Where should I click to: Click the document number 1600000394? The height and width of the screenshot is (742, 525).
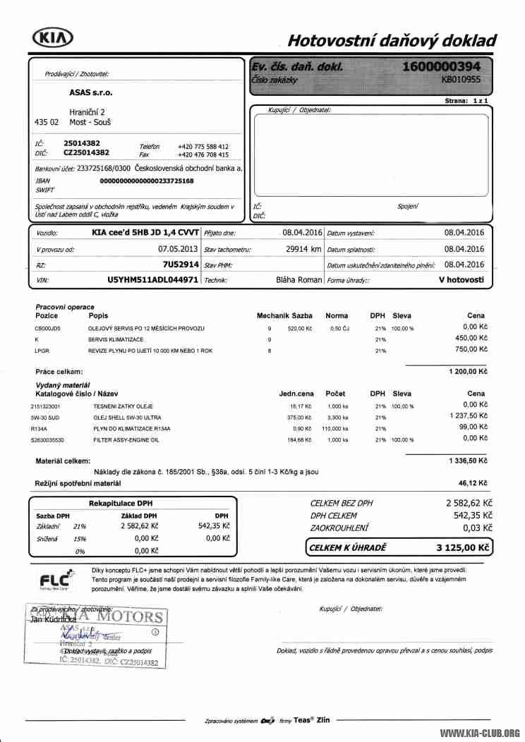tap(446, 66)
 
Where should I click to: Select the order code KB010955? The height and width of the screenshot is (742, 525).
tap(461, 80)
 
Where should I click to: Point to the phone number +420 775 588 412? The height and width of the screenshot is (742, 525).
tap(203, 146)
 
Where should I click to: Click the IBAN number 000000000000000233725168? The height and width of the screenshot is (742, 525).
tap(147, 181)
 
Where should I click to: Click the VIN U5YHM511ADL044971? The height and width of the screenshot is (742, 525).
tap(152, 280)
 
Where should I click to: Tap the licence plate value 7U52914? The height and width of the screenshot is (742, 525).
tap(181, 264)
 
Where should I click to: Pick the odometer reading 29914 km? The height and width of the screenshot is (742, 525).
tap(303, 248)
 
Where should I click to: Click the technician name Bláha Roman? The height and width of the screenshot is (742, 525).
tap(298, 280)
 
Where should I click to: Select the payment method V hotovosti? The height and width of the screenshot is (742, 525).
tap(461, 280)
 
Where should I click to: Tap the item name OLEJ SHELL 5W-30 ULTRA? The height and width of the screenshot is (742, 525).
tap(127, 418)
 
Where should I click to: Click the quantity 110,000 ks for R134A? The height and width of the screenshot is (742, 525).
tap(335, 428)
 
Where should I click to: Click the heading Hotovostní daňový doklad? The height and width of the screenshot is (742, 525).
tap(392, 40)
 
